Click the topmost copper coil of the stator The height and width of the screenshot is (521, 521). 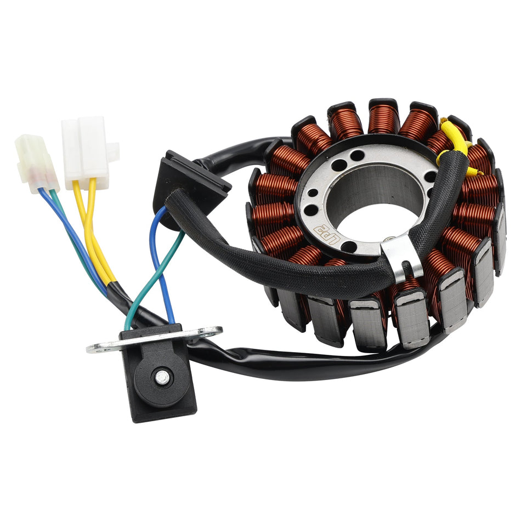pos(383,118)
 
